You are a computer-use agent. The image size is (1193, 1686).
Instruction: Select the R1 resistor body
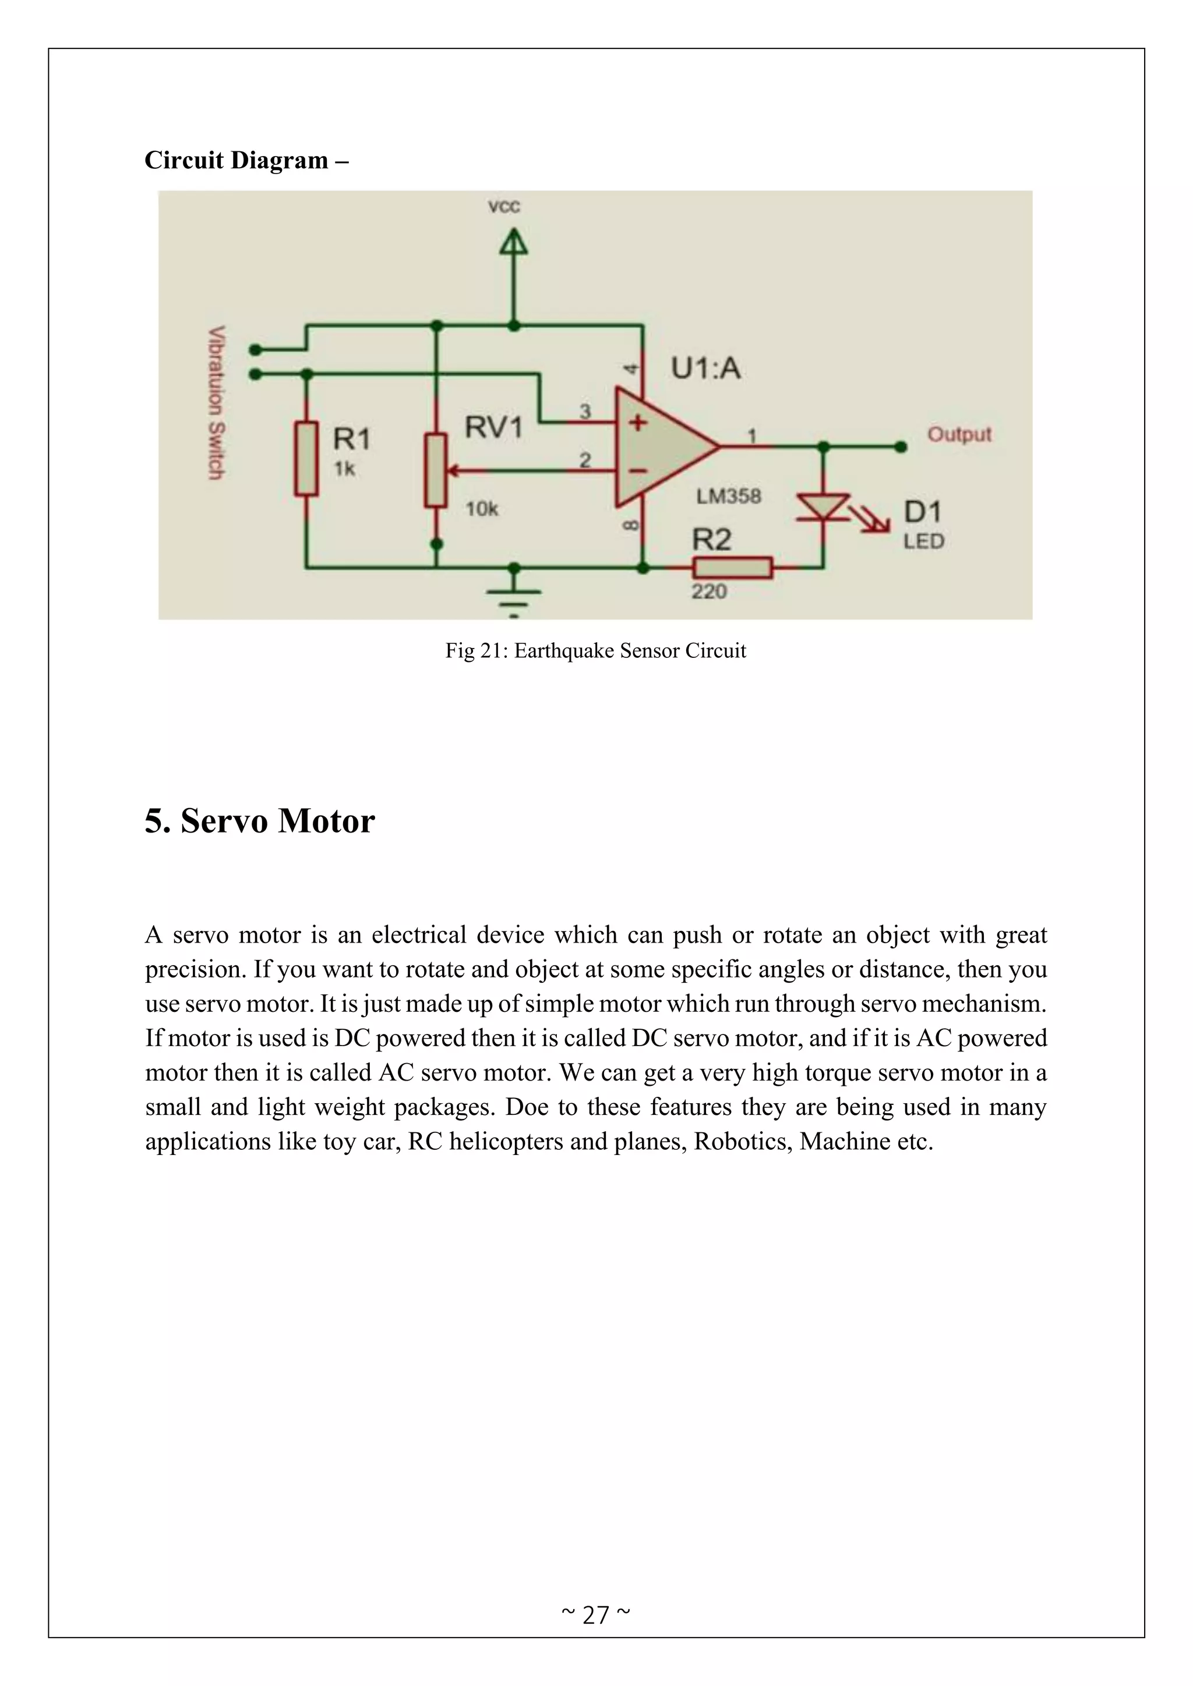click(306, 458)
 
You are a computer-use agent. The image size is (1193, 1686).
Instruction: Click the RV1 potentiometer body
click(436, 470)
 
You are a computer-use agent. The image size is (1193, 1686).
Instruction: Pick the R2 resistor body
click(732, 568)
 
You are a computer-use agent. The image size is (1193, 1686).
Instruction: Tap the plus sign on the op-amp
click(637, 423)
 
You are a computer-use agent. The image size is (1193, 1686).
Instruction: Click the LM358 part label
click(728, 497)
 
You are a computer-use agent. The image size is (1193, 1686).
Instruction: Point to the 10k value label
click(482, 508)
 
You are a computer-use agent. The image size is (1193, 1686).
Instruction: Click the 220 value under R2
click(708, 591)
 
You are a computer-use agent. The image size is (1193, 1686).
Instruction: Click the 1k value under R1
click(344, 469)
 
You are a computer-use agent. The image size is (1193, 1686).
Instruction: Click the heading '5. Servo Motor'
click(259, 820)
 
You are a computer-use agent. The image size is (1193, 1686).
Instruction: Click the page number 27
click(596, 1615)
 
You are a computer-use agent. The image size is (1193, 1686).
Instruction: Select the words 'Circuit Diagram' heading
click(237, 160)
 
